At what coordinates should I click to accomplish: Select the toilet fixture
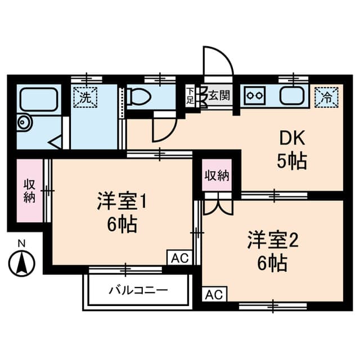coord(139,97)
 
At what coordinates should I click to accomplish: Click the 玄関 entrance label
coord(218,96)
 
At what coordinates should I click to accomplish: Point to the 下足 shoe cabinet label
coord(190,96)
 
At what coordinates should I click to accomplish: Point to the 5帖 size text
coord(291,162)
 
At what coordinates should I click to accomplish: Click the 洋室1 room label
coord(121,201)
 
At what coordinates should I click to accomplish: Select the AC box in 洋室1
coord(179,258)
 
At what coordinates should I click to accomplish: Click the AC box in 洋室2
coord(214,294)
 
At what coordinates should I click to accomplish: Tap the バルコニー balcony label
coord(138,291)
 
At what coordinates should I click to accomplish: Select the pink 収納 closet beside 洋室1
coord(29,191)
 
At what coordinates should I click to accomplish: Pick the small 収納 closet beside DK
coord(217,175)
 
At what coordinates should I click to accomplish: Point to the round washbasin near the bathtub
coord(24,122)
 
